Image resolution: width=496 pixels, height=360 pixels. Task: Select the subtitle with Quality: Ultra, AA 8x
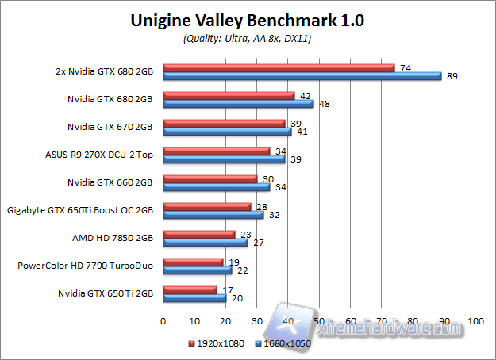pos(247,39)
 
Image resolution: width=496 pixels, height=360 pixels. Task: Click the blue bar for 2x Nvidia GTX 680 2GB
pos(302,76)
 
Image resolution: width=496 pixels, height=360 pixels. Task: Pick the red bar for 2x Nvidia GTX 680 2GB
pos(279,68)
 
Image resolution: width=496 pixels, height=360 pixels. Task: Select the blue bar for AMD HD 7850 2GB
pos(205,243)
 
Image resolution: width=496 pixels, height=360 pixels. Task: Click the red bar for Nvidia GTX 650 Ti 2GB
pos(189,290)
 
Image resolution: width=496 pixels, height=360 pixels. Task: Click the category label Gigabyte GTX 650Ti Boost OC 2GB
pos(79,210)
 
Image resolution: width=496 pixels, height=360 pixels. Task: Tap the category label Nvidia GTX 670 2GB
pos(110,127)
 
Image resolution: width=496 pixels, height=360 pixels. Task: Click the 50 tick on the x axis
pos(320,321)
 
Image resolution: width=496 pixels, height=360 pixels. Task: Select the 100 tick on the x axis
pos(476,321)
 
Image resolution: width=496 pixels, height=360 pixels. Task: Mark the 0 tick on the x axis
pos(163,321)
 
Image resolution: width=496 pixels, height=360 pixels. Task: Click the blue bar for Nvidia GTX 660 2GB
pos(216,187)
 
